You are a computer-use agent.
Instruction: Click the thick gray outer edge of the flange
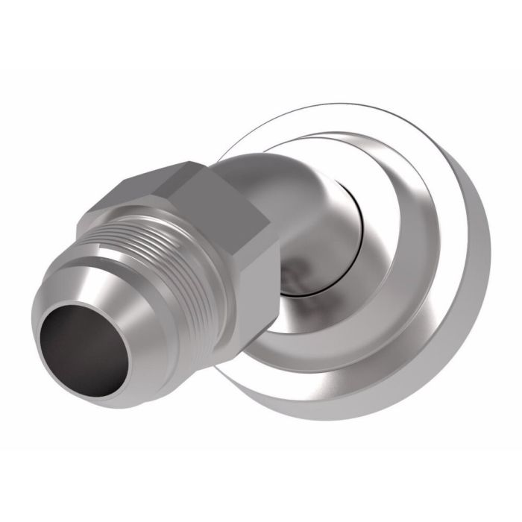pyautogui.click(x=447, y=313)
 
